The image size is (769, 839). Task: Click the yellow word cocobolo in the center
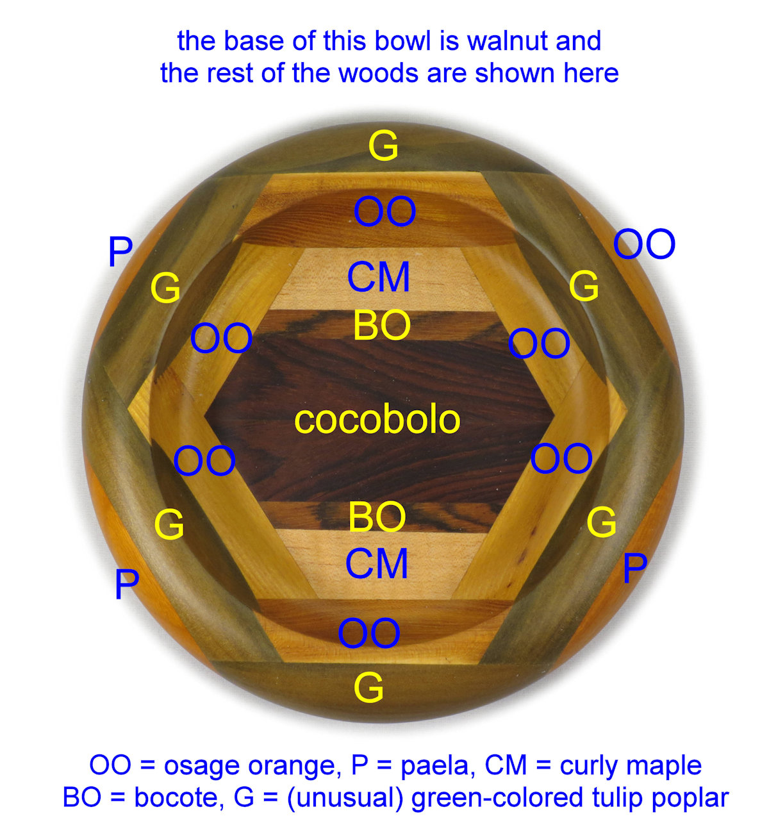pos(377,420)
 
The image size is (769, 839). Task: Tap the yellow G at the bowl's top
pos(383,146)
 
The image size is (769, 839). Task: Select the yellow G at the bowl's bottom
pos(368,688)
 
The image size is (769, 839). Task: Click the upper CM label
pos(379,278)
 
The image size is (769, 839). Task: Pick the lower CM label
pos(377,563)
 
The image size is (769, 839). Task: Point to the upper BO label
pos(382,326)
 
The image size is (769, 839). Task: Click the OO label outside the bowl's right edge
pos(644,244)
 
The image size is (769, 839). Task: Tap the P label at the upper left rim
pos(120,253)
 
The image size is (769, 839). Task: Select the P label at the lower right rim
pos(634,568)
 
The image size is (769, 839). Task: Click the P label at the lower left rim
pos(126,585)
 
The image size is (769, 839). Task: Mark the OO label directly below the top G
pos(384,212)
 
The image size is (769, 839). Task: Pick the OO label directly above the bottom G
pos(369,633)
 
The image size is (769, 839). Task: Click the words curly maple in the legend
pos(631,765)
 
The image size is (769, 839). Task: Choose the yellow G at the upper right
pos(584,286)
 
